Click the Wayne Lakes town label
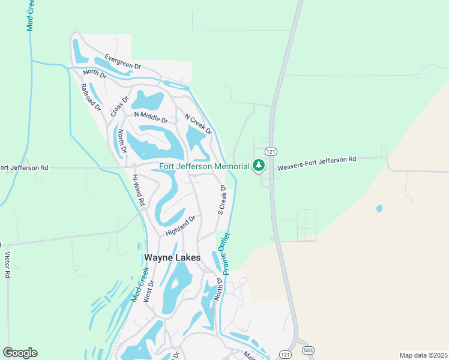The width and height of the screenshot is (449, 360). (172, 257)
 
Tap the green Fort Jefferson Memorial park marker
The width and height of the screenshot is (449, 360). (259, 165)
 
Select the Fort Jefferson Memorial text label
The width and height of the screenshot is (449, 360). (204, 166)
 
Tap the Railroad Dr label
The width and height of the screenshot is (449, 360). (91, 97)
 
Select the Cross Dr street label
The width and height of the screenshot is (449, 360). (120, 107)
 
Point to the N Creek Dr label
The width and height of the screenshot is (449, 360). (198, 124)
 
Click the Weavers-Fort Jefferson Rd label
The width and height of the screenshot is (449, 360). (317, 160)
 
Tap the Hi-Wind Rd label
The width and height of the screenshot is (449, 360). (138, 191)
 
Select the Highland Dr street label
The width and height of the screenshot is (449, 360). (181, 226)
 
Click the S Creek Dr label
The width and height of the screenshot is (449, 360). (221, 200)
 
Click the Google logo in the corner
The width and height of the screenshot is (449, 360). (20, 353)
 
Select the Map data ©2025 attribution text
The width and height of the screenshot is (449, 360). (423, 355)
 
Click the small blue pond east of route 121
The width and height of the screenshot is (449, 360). (379, 209)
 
